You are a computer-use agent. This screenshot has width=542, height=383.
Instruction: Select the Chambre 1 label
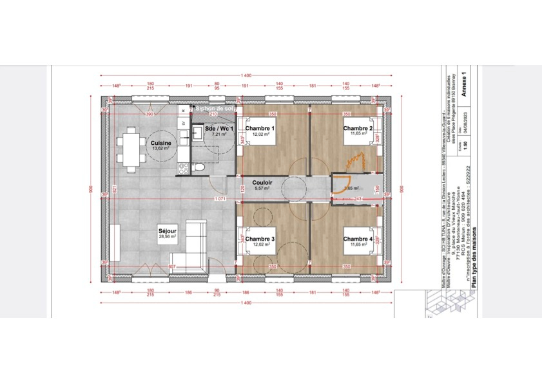(260, 129)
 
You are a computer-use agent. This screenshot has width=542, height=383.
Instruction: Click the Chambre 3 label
(260, 239)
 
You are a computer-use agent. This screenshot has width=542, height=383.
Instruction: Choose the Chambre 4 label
(358, 239)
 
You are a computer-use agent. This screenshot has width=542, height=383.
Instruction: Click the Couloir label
(262, 183)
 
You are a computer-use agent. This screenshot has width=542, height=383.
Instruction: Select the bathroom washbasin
(197, 136)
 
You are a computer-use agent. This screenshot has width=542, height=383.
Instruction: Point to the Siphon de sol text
(215, 109)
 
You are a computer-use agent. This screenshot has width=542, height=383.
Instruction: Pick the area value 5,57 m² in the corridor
(262, 189)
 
